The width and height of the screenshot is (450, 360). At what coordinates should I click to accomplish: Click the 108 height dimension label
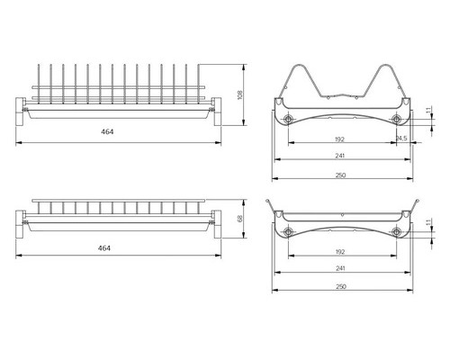click(x=239, y=94)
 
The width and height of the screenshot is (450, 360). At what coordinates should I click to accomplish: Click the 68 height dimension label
click(x=239, y=219)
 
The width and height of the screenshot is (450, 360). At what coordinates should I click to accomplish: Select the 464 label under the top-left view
click(x=107, y=131)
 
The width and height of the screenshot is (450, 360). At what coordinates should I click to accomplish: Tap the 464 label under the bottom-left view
click(x=104, y=248)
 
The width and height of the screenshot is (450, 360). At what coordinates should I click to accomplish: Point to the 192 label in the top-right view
click(x=339, y=139)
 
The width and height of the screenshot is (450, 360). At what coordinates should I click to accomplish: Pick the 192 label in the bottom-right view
click(x=340, y=252)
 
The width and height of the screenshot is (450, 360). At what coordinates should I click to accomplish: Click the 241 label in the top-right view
click(x=340, y=156)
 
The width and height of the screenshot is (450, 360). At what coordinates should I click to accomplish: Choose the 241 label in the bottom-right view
click(x=340, y=268)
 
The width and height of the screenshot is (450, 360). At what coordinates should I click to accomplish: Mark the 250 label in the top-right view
click(x=341, y=175)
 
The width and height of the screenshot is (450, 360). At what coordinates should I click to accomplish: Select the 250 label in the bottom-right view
click(x=341, y=286)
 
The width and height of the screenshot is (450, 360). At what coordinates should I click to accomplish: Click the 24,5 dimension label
click(x=401, y=139)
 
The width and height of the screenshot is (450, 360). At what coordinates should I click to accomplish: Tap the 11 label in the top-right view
click(x=428, y=109)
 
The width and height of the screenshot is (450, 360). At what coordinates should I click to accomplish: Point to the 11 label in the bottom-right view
click(x=428, y=222)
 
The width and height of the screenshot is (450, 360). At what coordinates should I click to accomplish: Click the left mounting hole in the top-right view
click(x=288, y=119)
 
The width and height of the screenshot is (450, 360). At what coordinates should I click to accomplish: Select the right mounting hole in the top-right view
click(x=396, y=119)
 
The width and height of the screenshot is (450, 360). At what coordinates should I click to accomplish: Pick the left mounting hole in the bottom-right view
click(x=288, y=231)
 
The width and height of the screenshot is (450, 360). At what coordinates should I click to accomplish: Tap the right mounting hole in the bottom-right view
click(x=396, y=231)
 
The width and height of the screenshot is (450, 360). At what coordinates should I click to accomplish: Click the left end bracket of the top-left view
click(x=20, y=112)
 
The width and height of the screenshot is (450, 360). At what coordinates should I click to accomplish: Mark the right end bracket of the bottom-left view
click(x=217, y=224)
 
